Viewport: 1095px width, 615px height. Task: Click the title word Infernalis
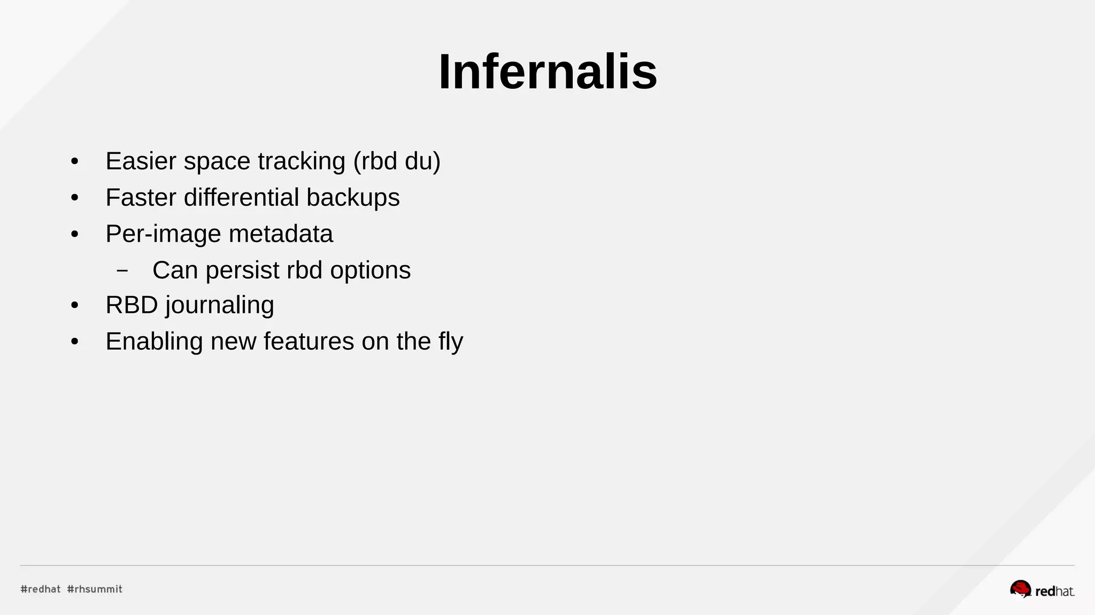(547, 72)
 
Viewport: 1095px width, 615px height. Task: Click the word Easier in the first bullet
(141, 161)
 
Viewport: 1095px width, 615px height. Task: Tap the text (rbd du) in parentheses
(397, 161)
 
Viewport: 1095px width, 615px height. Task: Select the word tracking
(302, 161)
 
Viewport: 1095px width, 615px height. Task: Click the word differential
(241, 197)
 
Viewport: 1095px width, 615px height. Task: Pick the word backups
(353, 197)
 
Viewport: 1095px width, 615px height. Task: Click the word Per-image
(163, 234)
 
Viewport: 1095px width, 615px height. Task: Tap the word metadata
(281, 234)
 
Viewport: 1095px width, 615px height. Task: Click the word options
(370, 270)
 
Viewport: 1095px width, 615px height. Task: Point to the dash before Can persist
(122, 271)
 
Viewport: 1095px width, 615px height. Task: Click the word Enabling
(154, 341)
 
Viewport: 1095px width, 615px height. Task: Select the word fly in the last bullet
(451, 341)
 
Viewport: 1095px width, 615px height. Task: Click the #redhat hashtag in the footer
(41, 589)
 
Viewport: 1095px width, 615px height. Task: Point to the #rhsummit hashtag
(95, 589)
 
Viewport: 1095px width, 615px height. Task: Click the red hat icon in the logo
(1020, 589)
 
